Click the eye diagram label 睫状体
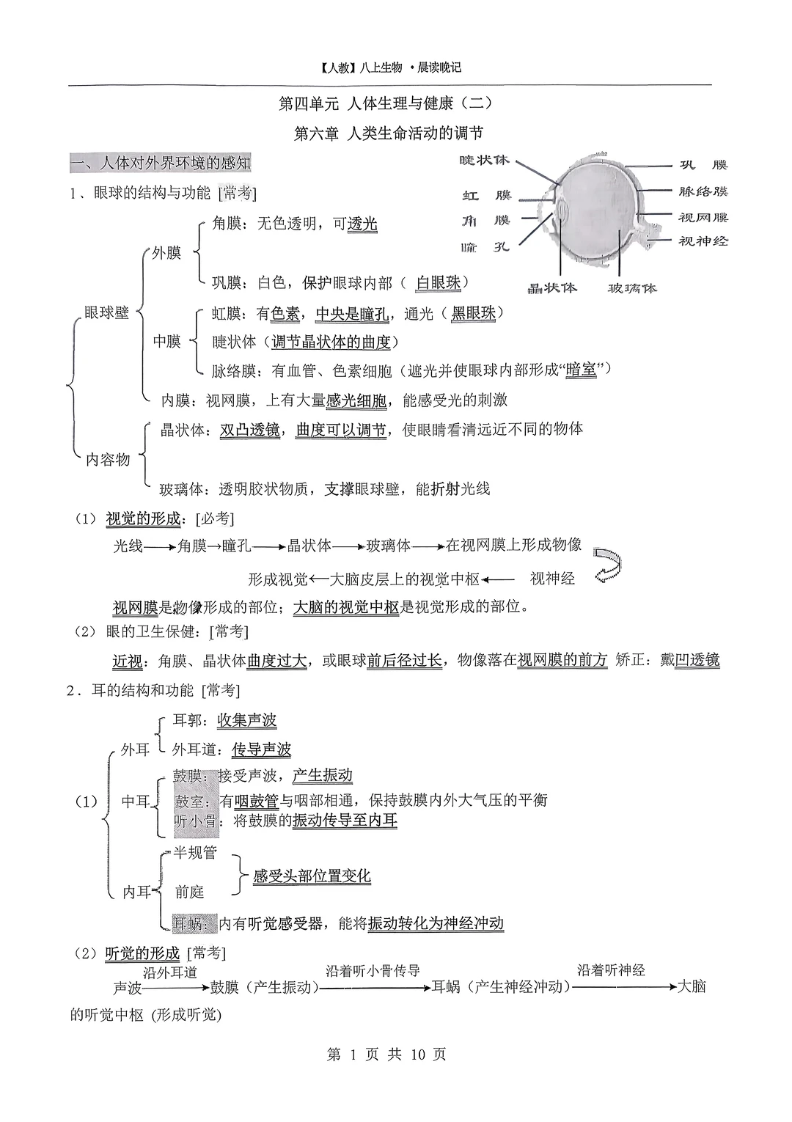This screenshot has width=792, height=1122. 483,161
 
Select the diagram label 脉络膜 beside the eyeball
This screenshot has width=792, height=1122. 703,191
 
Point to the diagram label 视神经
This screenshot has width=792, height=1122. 703,241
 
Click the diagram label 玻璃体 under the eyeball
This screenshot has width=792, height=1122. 631,288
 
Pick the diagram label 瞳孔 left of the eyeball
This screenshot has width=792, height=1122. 485,247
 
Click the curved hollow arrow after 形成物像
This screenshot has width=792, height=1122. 608,564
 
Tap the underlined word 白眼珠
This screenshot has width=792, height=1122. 439,282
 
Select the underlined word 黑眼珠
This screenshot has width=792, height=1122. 473,313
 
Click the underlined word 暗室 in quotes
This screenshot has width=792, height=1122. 582,370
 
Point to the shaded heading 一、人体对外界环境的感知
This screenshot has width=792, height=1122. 161,162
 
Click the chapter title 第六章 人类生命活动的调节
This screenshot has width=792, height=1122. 388,133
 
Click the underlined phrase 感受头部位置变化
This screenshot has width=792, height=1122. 312,876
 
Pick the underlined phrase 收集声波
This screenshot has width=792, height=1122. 247,720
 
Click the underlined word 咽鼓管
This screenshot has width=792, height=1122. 257,800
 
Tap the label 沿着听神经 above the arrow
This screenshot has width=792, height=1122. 611,970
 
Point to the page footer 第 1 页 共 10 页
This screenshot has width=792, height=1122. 386,1055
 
